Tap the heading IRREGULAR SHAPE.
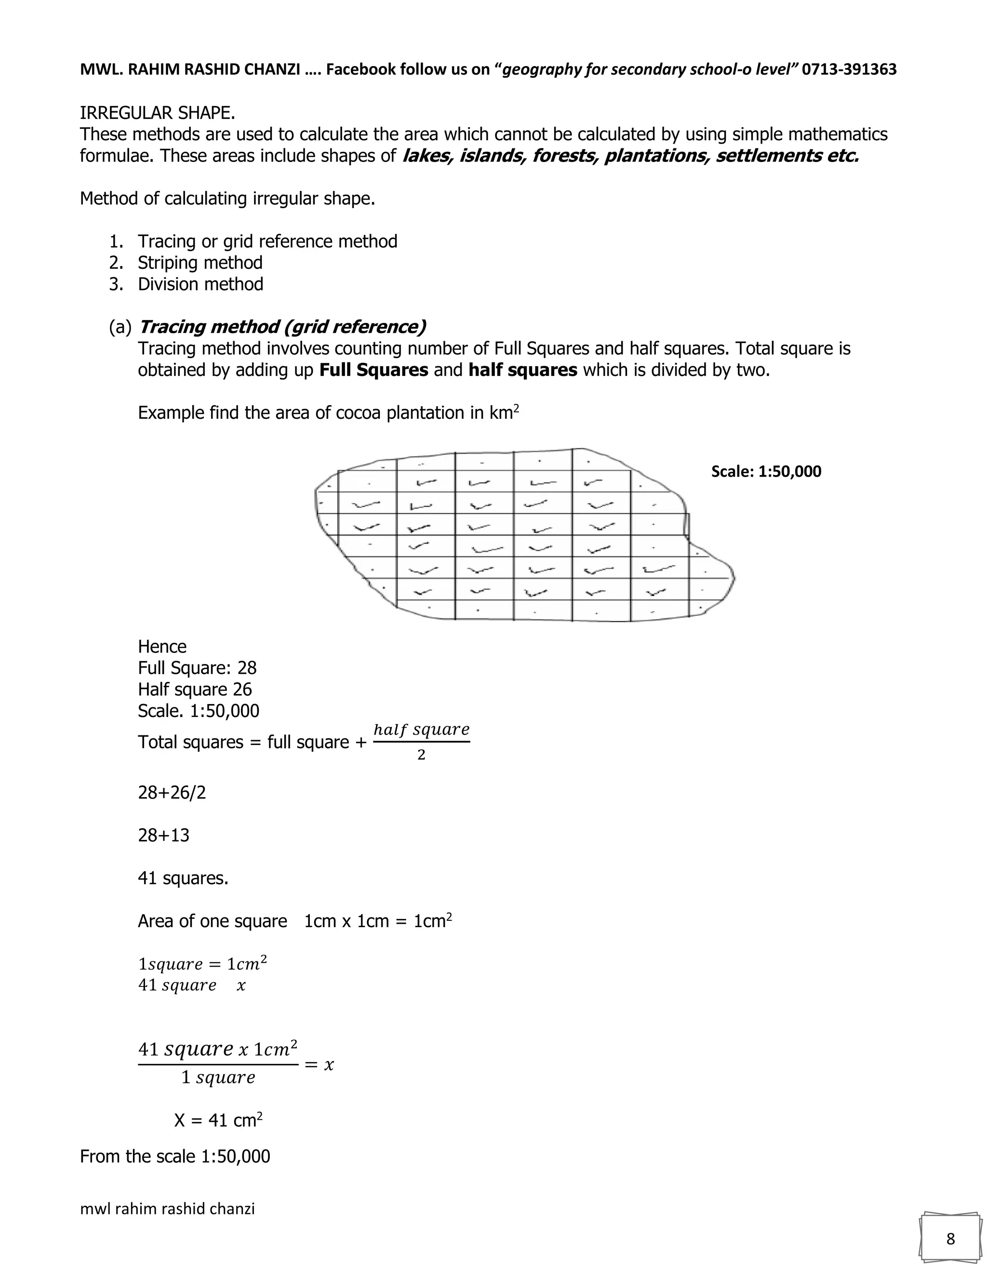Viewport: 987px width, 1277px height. tap(157, 112)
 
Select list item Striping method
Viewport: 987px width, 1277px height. tap(200, 263)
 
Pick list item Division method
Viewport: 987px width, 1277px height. tap(200, 284)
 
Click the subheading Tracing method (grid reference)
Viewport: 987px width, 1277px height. tap(282, 327)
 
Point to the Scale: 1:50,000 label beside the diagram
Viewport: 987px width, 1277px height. tap(765, 471)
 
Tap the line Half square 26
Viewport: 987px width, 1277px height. tap(195, 690)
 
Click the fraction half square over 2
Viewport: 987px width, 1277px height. tap(421, 742)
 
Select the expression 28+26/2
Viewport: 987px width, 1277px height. tap(172, 793)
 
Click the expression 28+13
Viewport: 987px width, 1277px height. tap(164, 836)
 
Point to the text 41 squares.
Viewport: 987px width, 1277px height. tap(183, 878)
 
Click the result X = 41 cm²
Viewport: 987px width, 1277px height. tap(218, 1120)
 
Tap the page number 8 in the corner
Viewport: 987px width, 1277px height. tap(950, 1239)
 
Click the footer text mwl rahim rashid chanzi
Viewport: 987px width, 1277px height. tap(167, 1209)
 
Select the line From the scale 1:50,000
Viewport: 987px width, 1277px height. tap(175, 1156)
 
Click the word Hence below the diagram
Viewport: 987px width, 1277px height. tap(162, 647)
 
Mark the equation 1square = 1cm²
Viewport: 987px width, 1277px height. tap(202, 964)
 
